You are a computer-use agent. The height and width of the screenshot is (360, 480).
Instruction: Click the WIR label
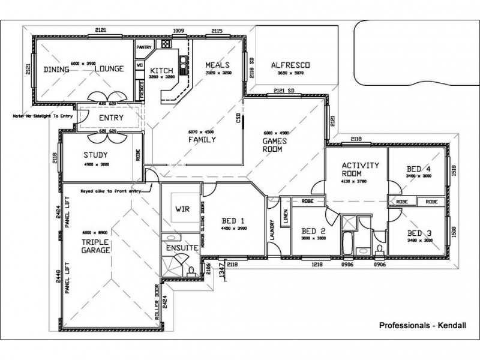click(182, 209)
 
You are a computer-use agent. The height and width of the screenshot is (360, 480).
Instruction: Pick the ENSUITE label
click(178, 247)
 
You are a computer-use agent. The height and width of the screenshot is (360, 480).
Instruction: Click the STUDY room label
click(95, 155)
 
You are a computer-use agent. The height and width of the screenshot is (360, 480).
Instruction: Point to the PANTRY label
click(144, 47)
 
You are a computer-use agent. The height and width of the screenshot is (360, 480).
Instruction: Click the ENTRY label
click(111, 118)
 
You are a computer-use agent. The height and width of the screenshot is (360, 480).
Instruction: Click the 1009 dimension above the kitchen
click(178, 31)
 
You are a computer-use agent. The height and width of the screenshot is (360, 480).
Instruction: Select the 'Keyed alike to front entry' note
click(111, 191)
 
